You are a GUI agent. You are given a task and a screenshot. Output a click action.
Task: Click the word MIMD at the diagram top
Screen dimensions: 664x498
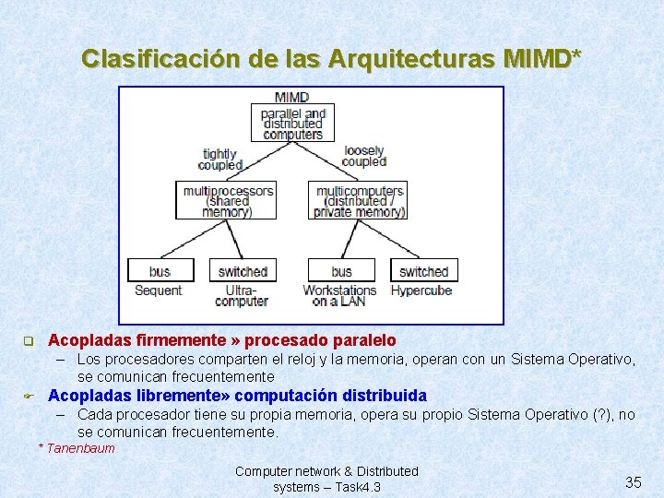pyautogui.click(x=292, y=97)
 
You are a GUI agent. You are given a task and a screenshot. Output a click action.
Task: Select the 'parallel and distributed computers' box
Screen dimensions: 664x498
pyautogui.click(x=292, y=123)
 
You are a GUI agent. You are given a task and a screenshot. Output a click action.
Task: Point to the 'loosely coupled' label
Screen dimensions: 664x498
pyautogui.click(x=363, y=156)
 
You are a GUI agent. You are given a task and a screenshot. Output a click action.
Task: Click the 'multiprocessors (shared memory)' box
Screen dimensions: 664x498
pyautogui.click(x=228, y=200)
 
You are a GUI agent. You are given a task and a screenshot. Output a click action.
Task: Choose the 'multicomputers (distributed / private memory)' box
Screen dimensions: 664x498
pyautogui.click(x=359, y=200)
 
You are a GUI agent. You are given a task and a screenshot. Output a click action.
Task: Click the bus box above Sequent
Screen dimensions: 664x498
pyautogui.click(x=160, y=271)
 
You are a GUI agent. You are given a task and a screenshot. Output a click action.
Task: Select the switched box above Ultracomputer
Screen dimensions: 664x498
pyautogui.click(x=243, y=271)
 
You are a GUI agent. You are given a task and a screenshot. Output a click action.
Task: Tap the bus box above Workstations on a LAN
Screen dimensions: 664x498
pyautogui.click(x=341, y=271)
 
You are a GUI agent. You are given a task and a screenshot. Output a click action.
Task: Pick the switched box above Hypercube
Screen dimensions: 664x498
pyautogui.click(x=423, y=271)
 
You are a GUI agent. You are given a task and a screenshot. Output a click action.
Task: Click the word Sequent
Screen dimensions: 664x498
pyautogui.click(x=159, y=290)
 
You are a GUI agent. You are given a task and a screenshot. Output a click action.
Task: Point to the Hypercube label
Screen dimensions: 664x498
pyautogui.click(x=421, y=290)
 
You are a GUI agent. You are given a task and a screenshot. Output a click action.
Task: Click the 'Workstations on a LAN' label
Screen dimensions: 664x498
pyautogui.click(x=339, y=295)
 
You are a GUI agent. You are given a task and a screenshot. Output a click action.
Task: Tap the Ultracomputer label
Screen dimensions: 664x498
pyautogui.click(x=242, y=295)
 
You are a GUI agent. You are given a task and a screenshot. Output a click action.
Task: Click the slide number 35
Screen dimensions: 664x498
pyautogui.click(x=633, y=482)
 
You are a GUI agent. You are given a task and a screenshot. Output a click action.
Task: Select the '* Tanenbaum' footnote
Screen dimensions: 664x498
pyautogui.click(x=77, y=448)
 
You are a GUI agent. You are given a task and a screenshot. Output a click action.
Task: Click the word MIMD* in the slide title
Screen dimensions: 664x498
pyautogui.click(x=543, y=58)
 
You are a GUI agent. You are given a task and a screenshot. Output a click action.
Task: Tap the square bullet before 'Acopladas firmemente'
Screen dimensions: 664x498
pyautogui.click(x=28, y=341)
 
